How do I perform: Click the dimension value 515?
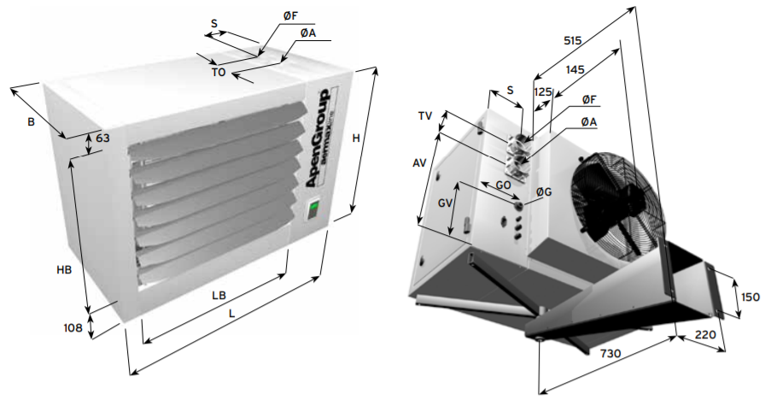pos(573,41)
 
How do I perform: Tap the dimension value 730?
pos(610,353)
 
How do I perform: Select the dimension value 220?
pos(705,334)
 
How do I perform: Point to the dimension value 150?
pos(751,297)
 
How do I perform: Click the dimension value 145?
pos(575,70)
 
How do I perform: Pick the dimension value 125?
pos(543,92)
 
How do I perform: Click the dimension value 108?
pos(73,327)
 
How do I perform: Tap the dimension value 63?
pos(102,138)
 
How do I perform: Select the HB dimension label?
pos(64,269)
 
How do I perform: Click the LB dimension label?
pos(219,296)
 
